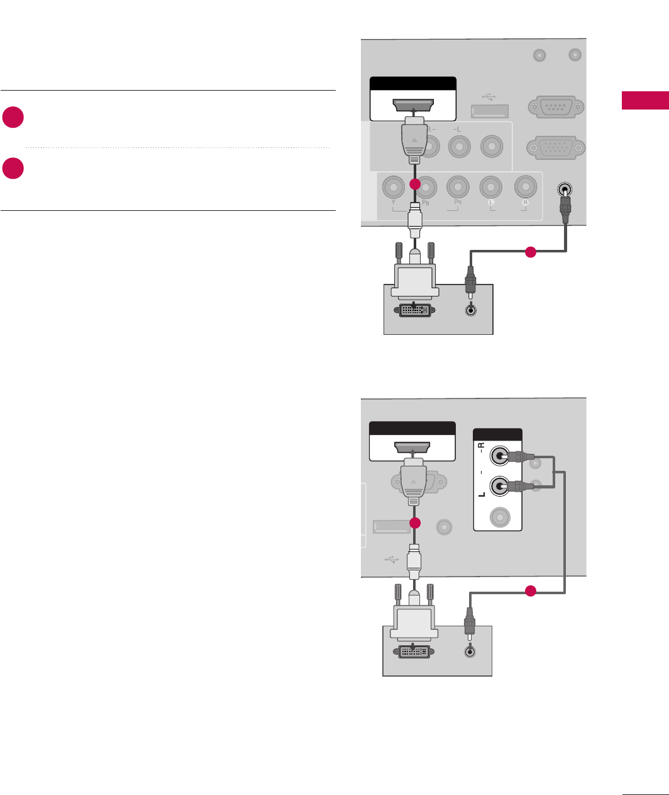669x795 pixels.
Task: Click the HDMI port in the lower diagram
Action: click(x=412, y=448)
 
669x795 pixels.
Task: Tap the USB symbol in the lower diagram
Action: click(x=391, y=559)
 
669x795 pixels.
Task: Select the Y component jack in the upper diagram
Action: click(x=394, y=187)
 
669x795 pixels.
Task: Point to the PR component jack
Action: click(x=458, y=187)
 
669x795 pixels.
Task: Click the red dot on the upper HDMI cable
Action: click(x=414, y=184)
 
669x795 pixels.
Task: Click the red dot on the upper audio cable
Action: click(x=530, y=252)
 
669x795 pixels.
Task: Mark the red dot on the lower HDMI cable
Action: click(x=414, y=523)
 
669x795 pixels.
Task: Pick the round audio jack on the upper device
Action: click(x=470, y=310)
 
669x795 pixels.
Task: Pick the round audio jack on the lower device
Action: click(x=469, y=652)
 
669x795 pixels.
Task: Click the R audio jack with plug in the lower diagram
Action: click(x=500, y=456)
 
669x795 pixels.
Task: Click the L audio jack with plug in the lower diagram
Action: click(x=500, y=486)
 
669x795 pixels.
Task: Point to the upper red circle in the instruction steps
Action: click(x=13, y=118)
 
